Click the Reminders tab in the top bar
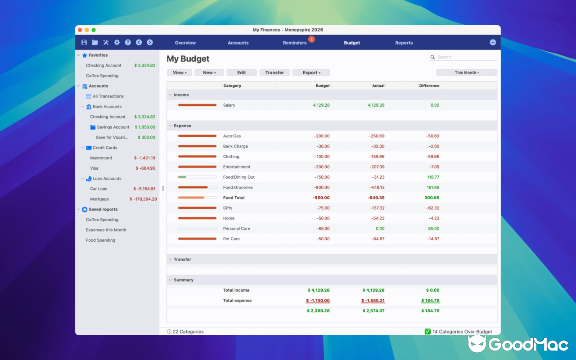[x=294, y=43]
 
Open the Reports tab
[x=404, y=43]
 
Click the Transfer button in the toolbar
[x=274, y=72]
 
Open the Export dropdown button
[x=311, y=72]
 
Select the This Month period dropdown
[x=467, y=72]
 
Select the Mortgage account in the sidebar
[x=99, y=199]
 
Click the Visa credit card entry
[x=94, y=168]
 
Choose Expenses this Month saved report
[x=106, y=230]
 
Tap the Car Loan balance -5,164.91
[x=144, y=189]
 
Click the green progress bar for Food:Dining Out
[x=182, y=177]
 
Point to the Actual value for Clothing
[x=374, y=157]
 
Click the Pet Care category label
[x=231, y=239]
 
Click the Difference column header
[x=429, y=85]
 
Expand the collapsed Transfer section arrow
[x=170, y=259]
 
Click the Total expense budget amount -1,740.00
[x=318, y=301]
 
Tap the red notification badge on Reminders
[x=311, y=40]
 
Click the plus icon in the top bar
[x=493, y=42]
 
